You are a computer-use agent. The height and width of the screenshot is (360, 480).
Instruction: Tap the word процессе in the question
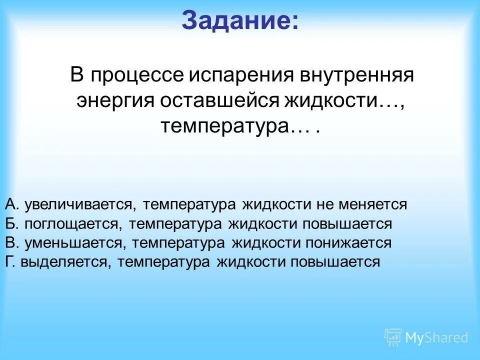coord(136,76)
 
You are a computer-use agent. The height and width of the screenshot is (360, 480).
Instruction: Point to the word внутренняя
coord(356,76)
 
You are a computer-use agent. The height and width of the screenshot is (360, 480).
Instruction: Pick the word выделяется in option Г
coord(65,262)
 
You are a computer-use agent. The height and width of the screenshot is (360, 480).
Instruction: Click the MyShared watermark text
coord(436,338)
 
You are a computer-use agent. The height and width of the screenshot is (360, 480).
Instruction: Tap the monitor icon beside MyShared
coord(393,337)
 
